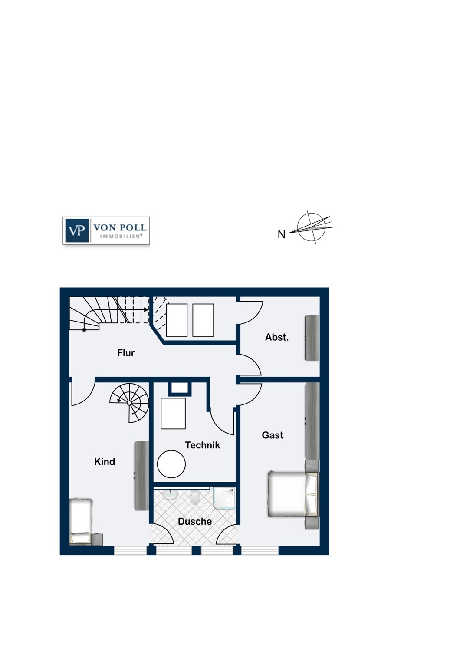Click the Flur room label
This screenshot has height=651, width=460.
[x=126, y=353]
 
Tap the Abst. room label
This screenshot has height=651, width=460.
[x=276, y=337]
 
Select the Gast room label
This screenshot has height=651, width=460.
[x=273, y=435]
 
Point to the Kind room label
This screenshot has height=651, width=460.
[x=105, y=461]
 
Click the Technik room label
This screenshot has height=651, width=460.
[x=203, y=445]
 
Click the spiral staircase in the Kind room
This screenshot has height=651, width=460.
[x=129, y=403]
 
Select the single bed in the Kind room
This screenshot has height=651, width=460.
[x=81, y=522]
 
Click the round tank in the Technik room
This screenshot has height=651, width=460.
[x=171, y=464]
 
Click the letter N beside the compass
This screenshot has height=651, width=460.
[x=281, y=234]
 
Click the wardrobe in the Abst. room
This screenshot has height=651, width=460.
[x=312, y=338]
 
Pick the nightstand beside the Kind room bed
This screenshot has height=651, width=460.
[x=97, y=539]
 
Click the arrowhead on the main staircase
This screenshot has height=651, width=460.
[x=146, y=310]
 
